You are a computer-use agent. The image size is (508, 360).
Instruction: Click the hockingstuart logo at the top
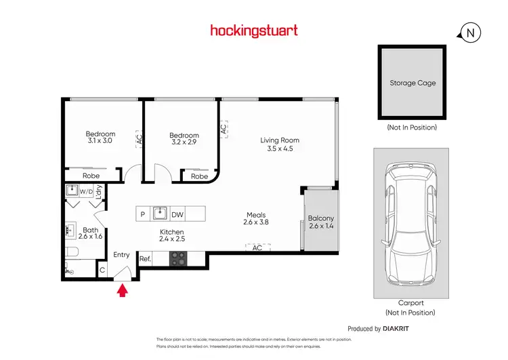coord(254,31)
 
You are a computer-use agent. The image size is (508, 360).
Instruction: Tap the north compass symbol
coord(469,33)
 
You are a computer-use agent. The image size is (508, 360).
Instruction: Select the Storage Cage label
coord(412,83)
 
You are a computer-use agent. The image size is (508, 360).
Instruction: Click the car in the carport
coord(411,226)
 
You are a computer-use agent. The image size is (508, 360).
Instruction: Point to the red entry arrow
coord(123,291)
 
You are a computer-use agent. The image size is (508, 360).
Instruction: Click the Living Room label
coord(280,140)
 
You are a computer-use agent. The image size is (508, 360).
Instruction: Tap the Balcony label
coord(321,218)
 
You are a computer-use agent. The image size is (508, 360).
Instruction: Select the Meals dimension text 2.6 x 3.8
coord(257,222)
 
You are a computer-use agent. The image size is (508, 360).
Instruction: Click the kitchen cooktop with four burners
coord(178,258)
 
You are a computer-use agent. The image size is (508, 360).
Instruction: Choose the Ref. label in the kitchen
coord(145,258)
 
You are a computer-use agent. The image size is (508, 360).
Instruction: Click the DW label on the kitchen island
coord(177,214)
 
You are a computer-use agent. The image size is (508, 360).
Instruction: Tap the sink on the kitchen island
coord(160,214)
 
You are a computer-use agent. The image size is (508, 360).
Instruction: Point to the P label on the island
coord(143,214)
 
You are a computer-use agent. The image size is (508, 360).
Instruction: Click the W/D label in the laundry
coord(86,192)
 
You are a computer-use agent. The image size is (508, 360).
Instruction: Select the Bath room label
coord(91,230)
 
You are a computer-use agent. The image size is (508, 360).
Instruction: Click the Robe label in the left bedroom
coord(91,176)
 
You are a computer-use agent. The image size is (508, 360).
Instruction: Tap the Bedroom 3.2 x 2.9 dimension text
coord(184,143)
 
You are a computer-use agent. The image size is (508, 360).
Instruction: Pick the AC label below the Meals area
coord(257,248)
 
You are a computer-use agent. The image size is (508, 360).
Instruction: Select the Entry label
coord(121,255)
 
